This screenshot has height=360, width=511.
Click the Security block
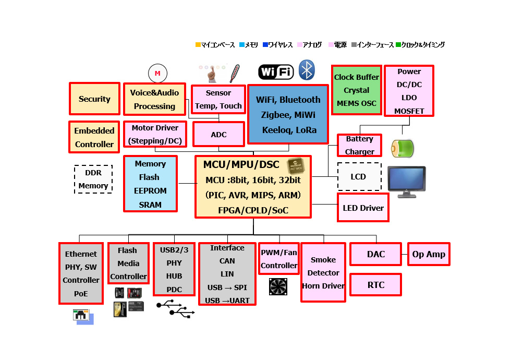tap(94, 99)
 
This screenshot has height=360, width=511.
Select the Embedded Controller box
tap(94, 137)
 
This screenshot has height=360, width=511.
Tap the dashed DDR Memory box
tap(93, 179)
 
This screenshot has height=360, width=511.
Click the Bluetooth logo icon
tap(307, 70)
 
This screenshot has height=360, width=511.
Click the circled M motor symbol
tap(157, 74)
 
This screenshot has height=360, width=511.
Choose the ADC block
tap(218, 135)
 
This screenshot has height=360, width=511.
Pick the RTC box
tap(375, 285)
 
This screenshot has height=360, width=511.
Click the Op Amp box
tap(429, 254)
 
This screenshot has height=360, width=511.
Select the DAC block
tap(375, 254)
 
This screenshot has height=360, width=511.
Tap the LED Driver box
tap(363, 208)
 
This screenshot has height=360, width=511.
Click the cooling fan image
tap(278, 287)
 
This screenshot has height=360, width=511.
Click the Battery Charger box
tap(359, 146)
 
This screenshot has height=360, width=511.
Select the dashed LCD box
tap(359, 177)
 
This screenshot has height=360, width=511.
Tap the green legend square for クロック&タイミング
tap(399, 45)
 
